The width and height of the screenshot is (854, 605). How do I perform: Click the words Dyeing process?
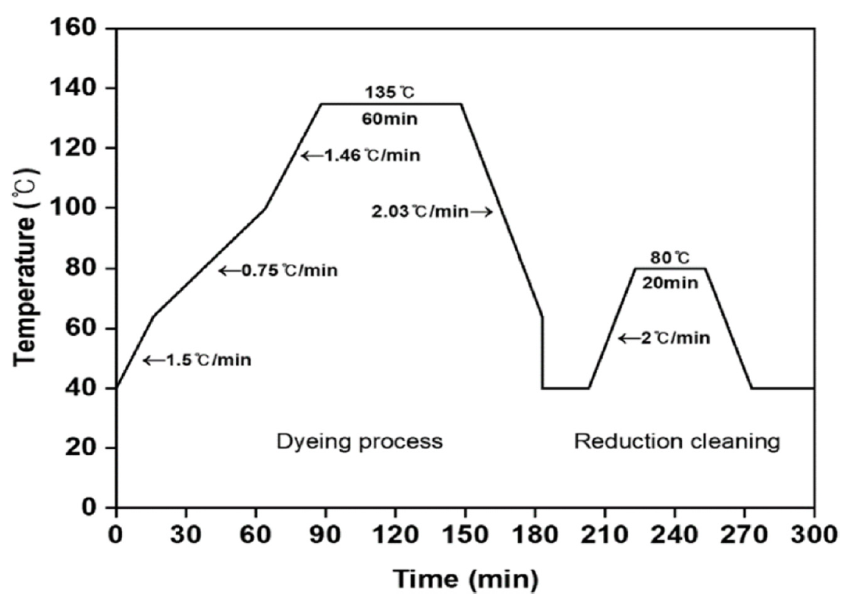[x=359, y=441]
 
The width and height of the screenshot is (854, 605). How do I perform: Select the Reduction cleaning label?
[x=677, y=441]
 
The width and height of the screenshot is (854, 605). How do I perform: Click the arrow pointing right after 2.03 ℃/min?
[x=482, y=212]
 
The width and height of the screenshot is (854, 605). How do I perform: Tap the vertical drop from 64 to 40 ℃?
[x=542, y=353]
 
